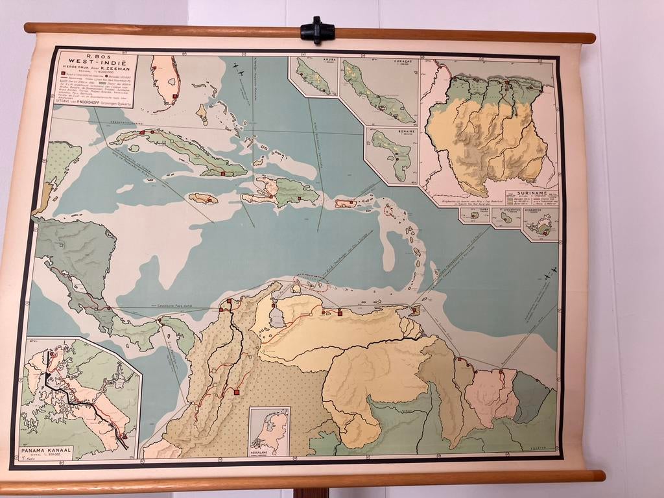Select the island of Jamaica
[203, 198]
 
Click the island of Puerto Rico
[346, 204]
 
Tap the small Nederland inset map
[270, 431]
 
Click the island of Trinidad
[415, 310]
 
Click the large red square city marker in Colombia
[238, 392]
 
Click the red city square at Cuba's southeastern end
[222, 173]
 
